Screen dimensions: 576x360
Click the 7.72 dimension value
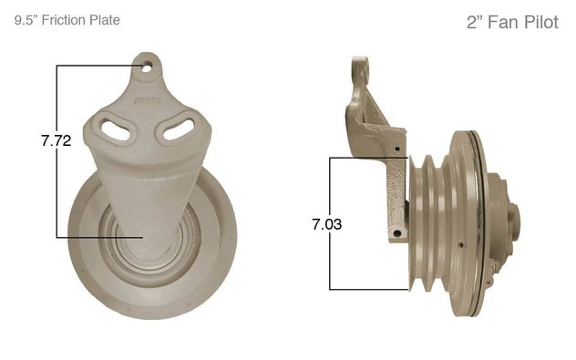[56, 140]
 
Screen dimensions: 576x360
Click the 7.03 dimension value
[327, 224]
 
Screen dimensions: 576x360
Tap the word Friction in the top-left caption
[64, 20]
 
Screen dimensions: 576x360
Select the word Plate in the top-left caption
[105, 20]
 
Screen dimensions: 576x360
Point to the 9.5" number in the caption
[26, 20]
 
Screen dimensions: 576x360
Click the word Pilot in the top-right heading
[540, 23]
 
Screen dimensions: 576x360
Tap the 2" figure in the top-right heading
[474, 23]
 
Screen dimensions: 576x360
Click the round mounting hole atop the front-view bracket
[147, 67]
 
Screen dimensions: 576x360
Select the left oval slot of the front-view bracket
[116, 130]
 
